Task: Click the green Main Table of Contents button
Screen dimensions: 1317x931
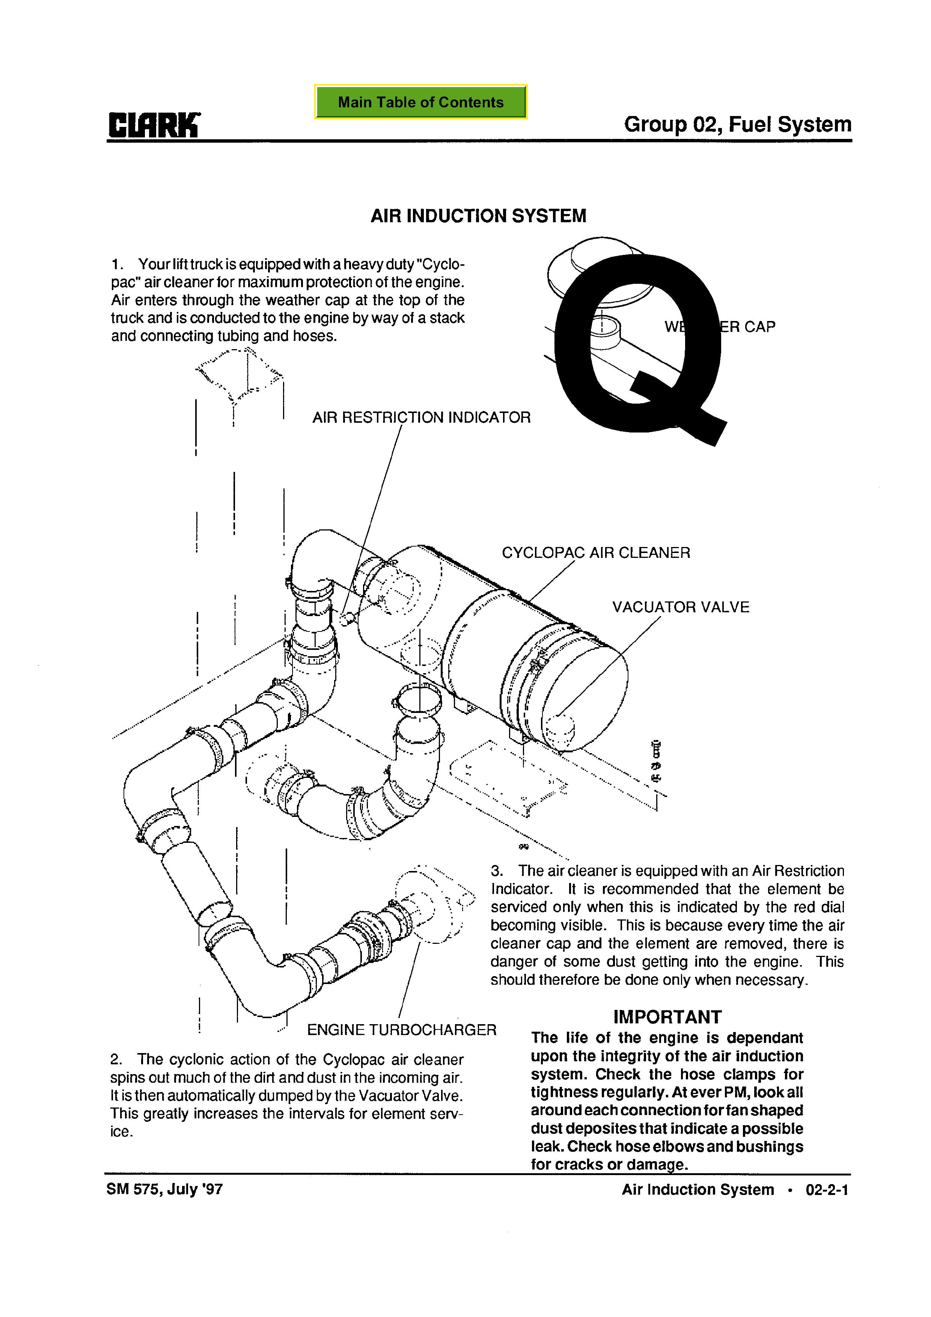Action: [420, 102]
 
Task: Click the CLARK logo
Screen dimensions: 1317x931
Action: [154, 125]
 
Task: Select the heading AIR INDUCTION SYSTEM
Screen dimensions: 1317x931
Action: [478, 216]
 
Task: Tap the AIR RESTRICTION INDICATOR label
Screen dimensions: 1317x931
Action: [422, 417]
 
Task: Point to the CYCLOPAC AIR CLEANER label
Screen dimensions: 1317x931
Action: [596, 553]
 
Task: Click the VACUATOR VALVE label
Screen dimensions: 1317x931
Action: [680, 607]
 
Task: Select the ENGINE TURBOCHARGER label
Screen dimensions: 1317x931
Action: [402, 1030]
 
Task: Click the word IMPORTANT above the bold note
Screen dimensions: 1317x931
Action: [667, 1017]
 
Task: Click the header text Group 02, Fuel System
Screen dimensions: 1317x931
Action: [737, 125]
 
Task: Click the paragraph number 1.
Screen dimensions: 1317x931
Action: [116, 264]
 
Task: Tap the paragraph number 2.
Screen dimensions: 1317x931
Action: [115, 1059]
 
